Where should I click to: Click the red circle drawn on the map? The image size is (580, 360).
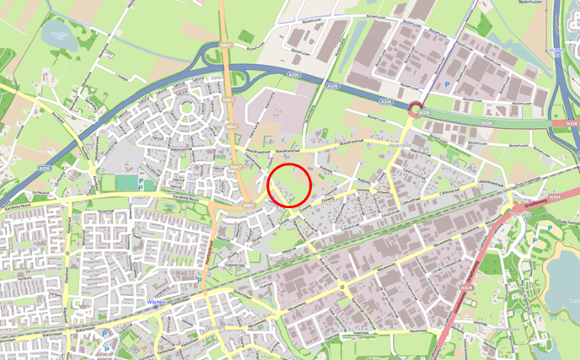pyautogui.click(x=289, y=185)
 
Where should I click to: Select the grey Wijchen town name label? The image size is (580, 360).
pyautogui.click(x=215, y=327)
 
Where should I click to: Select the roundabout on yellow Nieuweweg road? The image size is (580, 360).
pyautogui.click(x=343, y=288)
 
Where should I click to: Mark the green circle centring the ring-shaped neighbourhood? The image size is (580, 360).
pyautogui.click(x=186, y=108)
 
